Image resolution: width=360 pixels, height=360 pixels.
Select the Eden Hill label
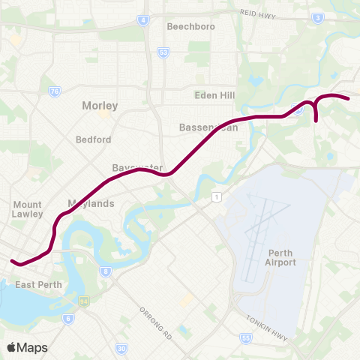click(x=214, y=95)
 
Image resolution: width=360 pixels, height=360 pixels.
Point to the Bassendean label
click(x=208, y=127)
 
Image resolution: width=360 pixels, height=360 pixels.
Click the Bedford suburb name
click(x=93, y=139)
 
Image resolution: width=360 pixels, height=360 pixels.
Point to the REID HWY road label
click(x=258, y=13)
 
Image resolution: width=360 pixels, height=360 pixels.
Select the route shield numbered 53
click(x=163, y=52)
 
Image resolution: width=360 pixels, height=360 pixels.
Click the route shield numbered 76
click(x=54, y=91)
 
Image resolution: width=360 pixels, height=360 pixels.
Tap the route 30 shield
click(x=121, y=349)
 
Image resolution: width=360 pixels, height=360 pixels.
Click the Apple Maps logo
click(x=27, y=347)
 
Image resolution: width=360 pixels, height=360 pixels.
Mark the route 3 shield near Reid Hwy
click(x=318, y=16)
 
